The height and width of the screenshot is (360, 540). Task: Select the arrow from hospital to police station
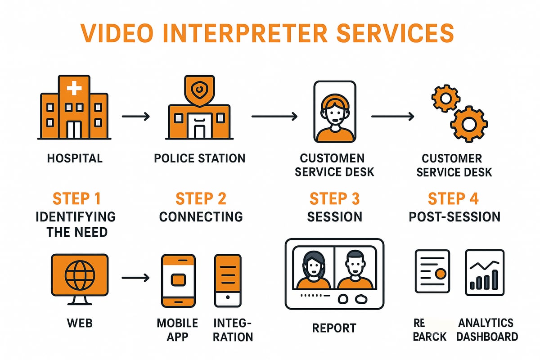[x=136, y=117]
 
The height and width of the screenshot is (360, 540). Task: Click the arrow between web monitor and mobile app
[x=136, y=278]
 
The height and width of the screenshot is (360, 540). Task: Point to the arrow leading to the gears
[x=392, y=117]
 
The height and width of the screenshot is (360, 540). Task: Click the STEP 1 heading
[x=76, y=198]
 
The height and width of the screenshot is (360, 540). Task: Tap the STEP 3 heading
[x=334, y=198]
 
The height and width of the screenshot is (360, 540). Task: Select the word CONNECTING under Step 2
[x=201, y=216]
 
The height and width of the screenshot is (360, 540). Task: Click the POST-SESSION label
[x=454, y=216]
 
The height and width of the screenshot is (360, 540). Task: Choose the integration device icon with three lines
[x=227, y=280]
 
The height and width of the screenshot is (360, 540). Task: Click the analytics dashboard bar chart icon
[x=484, y=273]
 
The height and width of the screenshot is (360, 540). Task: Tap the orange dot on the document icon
[x=441, y=274]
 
